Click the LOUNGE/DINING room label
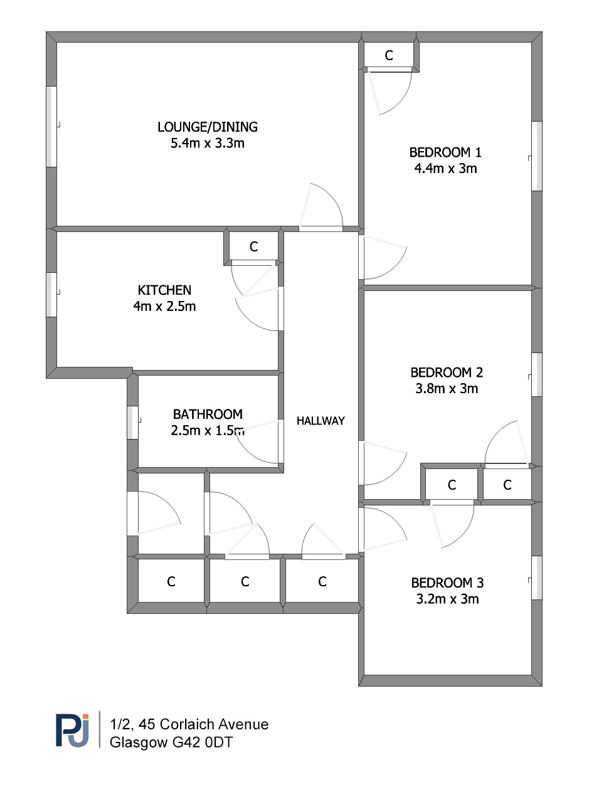tap(207, 127)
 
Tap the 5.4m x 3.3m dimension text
tap(207, 143)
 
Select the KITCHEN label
tap(164, 290)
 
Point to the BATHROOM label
tap(208, 414)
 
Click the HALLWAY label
tap(321, 421)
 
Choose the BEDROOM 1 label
tap(445, 152)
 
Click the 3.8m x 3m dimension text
tap(447, 388)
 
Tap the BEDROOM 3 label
tap(447, 583)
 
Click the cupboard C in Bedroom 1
tap(389, 55)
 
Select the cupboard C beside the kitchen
tap(253, 246)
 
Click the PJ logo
tap(72, 731)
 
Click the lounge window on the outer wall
tap(51, 127)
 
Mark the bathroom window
tap(132, 423)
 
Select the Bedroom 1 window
tap(537, 156)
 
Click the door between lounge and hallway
tap(321, 207)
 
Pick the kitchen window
tap(51, 295)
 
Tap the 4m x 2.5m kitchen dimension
tap(164, 306)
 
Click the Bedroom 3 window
tap(537, 578)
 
